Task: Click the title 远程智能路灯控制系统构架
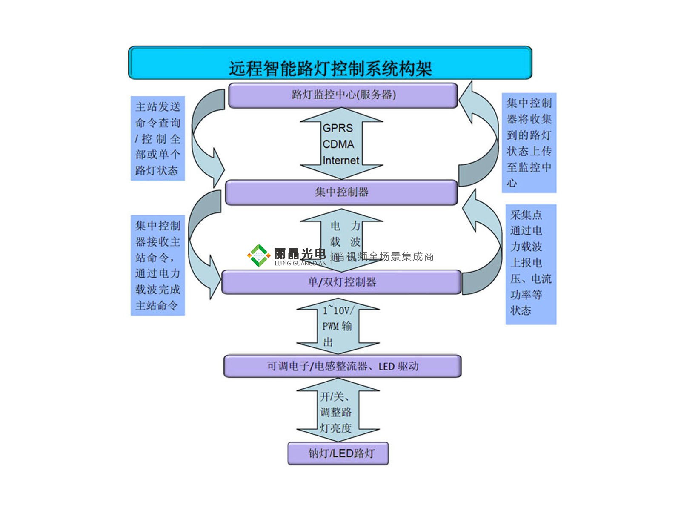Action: pos(330,68)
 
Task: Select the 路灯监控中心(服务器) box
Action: pos(343,95)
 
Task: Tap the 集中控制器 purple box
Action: pos(341,192)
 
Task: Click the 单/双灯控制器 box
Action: pos(341,282)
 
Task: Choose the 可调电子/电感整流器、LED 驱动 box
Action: pos(342,366)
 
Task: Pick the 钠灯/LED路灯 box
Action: pos(338,454)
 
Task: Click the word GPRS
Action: pos(338,128)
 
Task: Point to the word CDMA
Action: pos(338,144)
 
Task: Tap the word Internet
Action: pos(340,161)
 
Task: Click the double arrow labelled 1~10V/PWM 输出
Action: pos(338,326)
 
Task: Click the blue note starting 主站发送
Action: pos(157,138)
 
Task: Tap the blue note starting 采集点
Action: pos(531,264)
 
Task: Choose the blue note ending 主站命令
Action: pos(157,265)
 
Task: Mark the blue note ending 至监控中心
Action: pos(529,143)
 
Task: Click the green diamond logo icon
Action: pos(258,255)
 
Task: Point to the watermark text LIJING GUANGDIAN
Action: pos(300,264)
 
